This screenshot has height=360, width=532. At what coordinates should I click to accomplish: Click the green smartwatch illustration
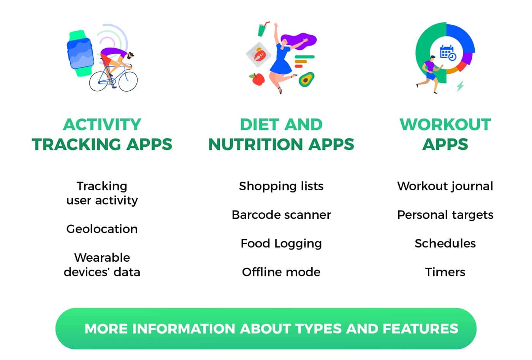coord(80,54)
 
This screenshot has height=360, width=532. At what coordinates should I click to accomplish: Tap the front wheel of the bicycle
coord(128,82)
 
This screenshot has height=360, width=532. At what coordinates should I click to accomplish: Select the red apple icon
coord(258,79)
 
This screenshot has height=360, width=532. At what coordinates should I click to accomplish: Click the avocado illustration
coord(306,79)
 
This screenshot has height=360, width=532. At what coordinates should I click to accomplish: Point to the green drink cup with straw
coord(263,29)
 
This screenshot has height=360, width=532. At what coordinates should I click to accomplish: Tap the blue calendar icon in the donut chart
coord(448,53)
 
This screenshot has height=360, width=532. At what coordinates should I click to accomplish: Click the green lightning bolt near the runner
coord(460,86)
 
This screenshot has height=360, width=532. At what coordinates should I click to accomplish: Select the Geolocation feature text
coord(102,229)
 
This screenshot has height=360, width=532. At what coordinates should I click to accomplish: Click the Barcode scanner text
coord(281,215)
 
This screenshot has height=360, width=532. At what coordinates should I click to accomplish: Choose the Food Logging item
coord(281,244)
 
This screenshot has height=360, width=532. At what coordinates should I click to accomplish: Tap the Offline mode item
coord(281,272)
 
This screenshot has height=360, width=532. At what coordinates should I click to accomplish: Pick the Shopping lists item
coord(281,186)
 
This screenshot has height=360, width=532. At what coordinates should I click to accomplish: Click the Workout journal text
coord(445,186)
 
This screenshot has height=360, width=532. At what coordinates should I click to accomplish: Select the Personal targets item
coord(445,215)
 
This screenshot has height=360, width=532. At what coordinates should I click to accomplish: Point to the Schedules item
coord(445,243)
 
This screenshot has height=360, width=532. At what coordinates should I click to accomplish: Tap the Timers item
coord(445,272)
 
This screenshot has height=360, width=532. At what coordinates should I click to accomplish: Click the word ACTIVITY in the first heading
coord(102,125)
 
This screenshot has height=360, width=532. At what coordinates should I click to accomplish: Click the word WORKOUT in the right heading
coord(445,125)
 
